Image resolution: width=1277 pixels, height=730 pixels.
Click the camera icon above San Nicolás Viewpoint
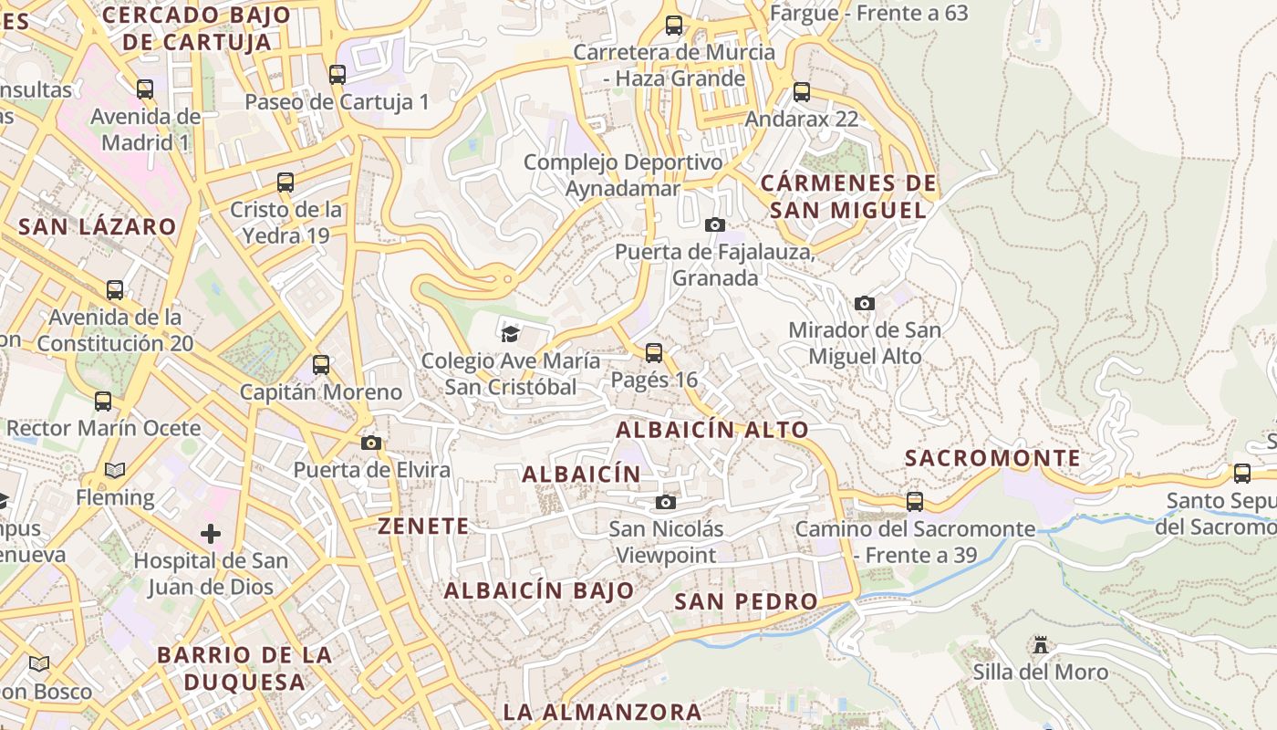[x=666, y=502]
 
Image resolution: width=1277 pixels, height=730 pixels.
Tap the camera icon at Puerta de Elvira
[x=370, y=443]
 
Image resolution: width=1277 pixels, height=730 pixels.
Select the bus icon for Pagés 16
[x=653, y=353]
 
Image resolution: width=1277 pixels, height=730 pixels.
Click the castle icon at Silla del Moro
[x=1040, y=645]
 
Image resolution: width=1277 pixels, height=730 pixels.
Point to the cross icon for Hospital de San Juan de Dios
[x=211, y=533]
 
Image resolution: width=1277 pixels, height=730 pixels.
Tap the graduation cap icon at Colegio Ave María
[x=510, y=334]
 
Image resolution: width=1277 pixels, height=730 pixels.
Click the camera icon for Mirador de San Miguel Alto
[x=864, y=303]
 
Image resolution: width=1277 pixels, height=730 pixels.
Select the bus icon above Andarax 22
[x=801, y=91]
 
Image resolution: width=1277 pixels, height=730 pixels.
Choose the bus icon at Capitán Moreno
[x=320, y=365]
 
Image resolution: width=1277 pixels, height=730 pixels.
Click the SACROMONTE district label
[x=992, y=458]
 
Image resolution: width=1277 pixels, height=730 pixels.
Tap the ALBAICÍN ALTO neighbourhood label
[x=712, y=430]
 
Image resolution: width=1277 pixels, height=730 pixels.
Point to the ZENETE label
[x=423, y=527]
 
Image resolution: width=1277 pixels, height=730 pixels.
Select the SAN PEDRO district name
[x=746, y=601]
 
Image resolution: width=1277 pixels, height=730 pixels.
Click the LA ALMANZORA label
[x=602, y=712]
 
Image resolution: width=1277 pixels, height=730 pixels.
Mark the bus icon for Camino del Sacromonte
[x=914, y=501]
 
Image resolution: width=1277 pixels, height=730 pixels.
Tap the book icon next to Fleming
[x=114, y=471]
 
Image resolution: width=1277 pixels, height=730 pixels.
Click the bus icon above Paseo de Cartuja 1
[x=337, y=75]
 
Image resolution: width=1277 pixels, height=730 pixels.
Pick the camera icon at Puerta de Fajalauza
[x=715, y=224]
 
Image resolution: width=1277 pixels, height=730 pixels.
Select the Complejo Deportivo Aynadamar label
[x=623, y=175]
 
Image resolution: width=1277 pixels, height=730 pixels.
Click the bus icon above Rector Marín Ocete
[x=103, y=401]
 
